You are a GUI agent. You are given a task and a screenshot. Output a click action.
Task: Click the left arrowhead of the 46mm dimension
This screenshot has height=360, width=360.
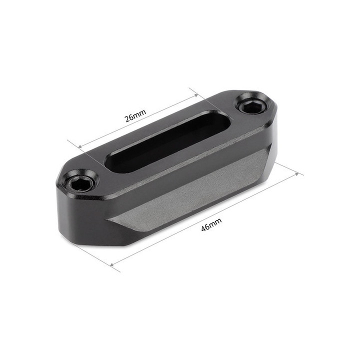111,263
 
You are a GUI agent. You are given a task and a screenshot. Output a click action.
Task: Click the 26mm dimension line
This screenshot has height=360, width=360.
165,110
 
